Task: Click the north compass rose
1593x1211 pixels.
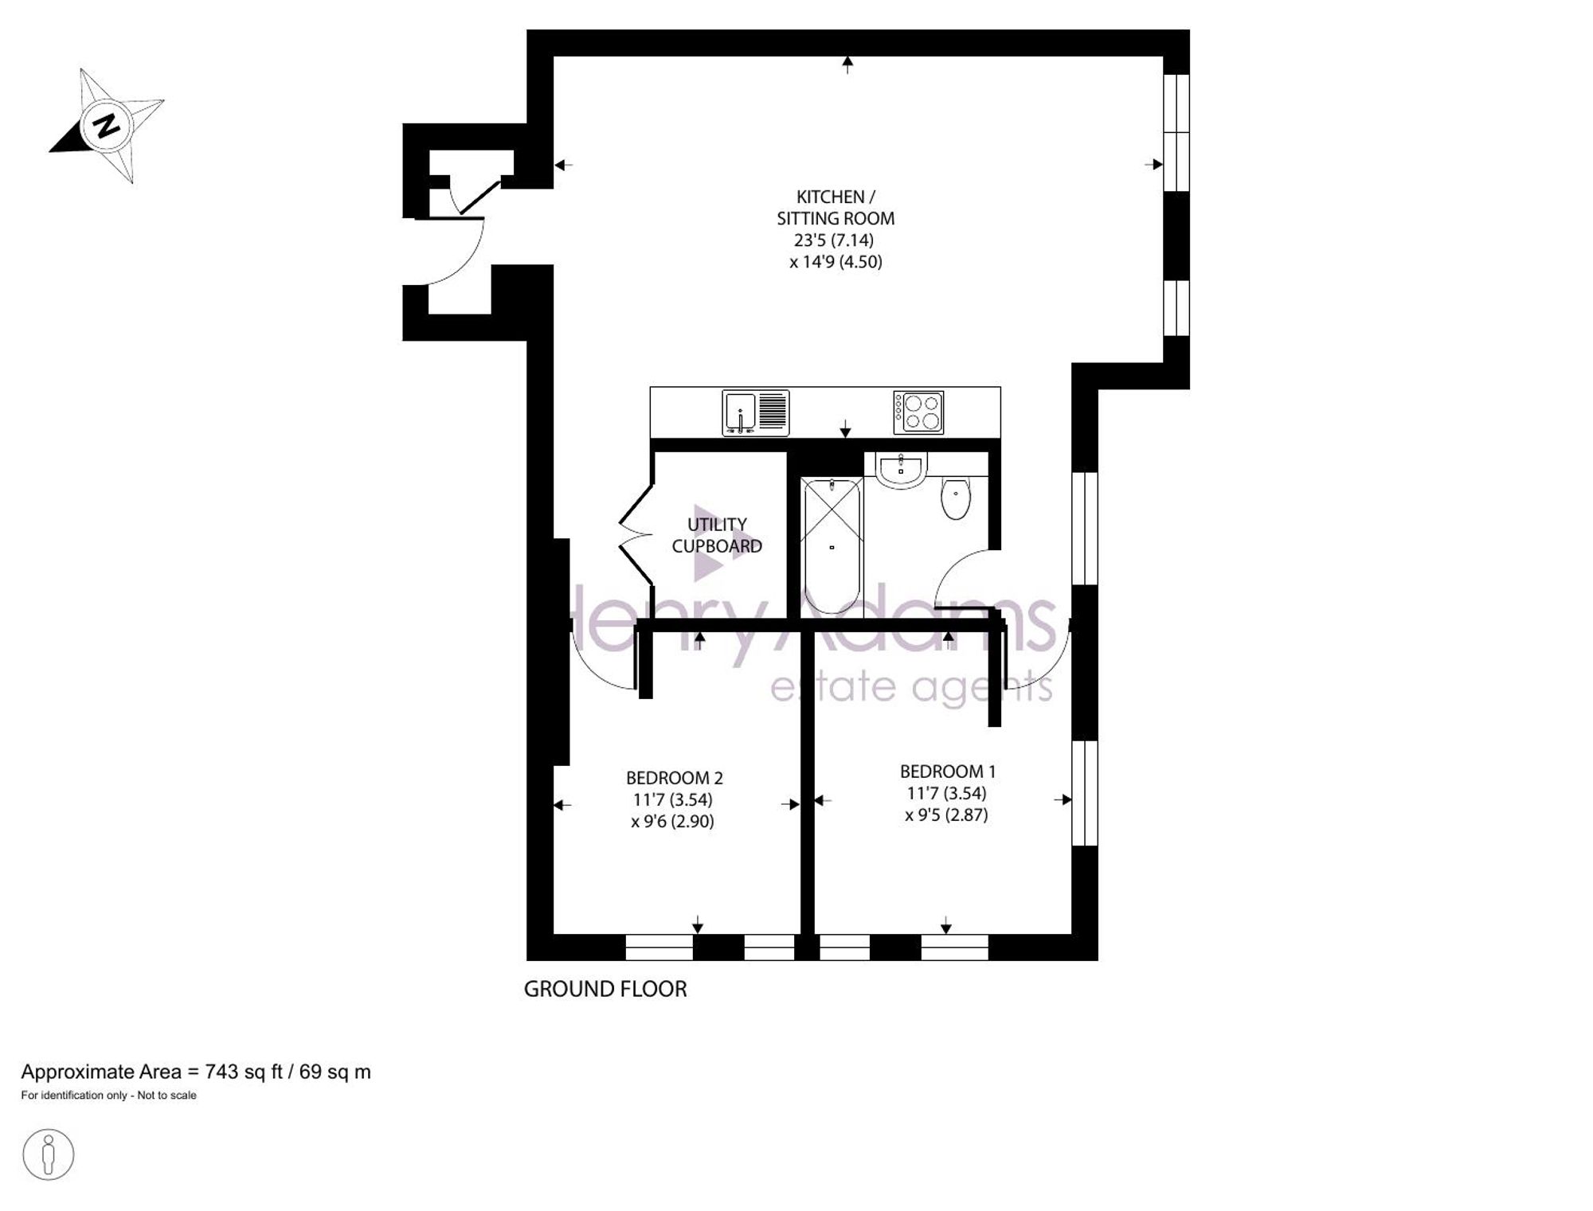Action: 108,125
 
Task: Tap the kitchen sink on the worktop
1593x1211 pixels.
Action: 756,413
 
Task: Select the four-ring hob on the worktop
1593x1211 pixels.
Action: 918,412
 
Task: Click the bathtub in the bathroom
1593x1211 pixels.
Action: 832,545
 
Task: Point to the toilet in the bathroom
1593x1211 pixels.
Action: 956,498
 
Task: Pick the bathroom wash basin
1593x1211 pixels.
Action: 901,469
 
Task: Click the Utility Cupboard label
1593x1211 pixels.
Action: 717,535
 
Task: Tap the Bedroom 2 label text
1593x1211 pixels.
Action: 674,778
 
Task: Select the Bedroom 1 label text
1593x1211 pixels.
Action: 948,772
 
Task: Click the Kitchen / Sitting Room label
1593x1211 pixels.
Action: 836,207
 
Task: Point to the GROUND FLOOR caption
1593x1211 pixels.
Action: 605,989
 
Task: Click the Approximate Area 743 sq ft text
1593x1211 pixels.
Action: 196,1072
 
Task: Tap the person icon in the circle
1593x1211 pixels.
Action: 49,1154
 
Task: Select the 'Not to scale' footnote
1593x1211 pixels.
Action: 166,1096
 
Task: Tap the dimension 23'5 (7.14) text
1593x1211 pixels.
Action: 834,240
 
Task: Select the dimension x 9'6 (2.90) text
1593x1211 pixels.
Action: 673,821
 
